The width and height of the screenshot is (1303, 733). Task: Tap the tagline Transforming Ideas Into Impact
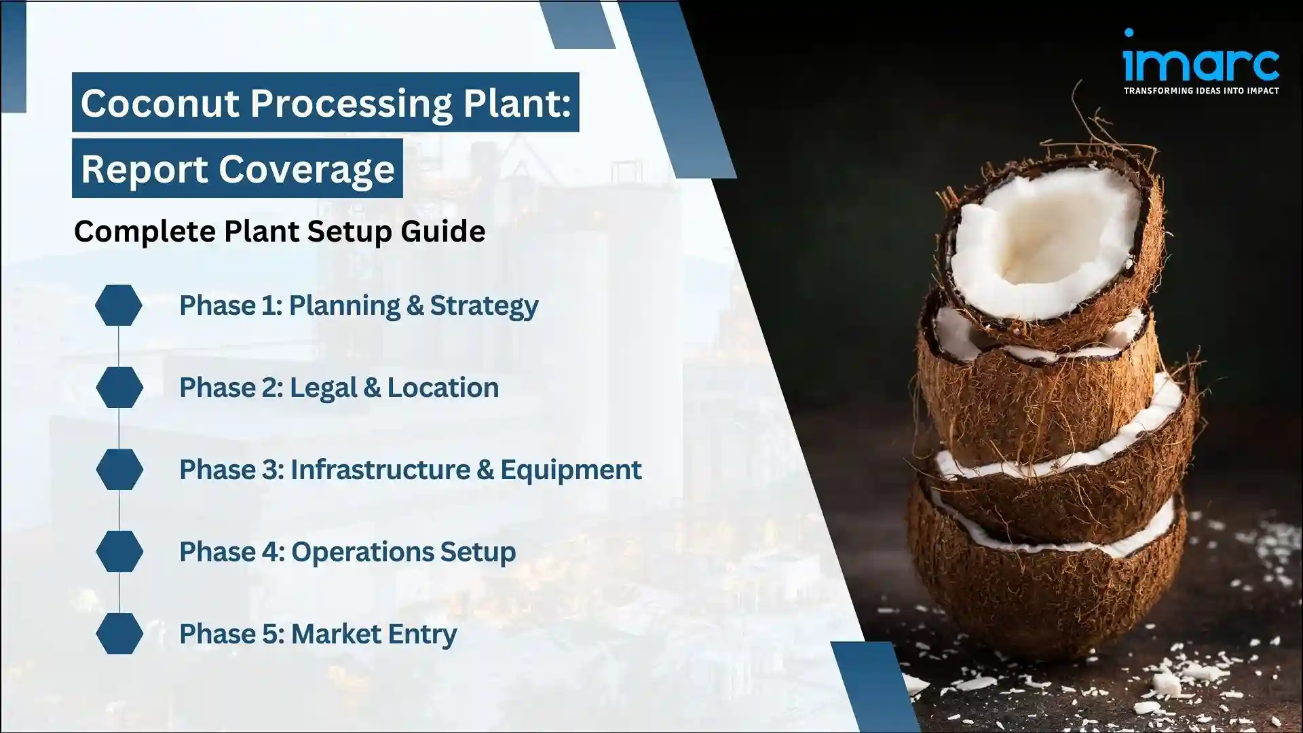[1201, 90]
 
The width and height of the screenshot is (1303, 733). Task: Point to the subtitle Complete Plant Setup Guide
[280, 231]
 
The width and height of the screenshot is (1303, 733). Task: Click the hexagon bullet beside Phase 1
[119, 305]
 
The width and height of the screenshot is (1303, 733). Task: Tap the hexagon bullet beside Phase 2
[119, 388]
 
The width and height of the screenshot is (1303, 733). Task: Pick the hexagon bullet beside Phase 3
[119, 470]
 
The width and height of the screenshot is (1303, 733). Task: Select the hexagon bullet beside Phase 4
[119, 552]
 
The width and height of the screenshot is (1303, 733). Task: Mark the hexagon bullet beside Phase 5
[119, 634]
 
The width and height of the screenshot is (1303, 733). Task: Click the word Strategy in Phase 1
[484, 306]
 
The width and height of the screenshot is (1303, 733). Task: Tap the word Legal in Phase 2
[323, 388]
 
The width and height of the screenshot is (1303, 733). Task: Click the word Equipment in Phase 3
[571, 470]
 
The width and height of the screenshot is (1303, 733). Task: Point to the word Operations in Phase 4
[361, 552]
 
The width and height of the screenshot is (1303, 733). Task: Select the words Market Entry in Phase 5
[374, 635]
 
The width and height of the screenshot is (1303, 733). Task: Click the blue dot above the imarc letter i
[1129, 33]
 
